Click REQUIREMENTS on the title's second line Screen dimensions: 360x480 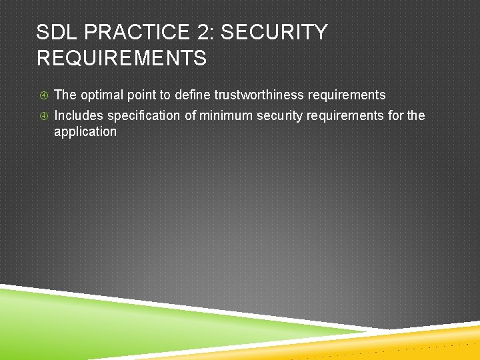121,59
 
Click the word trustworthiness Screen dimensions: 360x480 259,95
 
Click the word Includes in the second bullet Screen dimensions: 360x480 79,116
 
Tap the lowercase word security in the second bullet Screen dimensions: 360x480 280,116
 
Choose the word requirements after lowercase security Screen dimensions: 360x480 345,116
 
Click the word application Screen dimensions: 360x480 85,132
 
